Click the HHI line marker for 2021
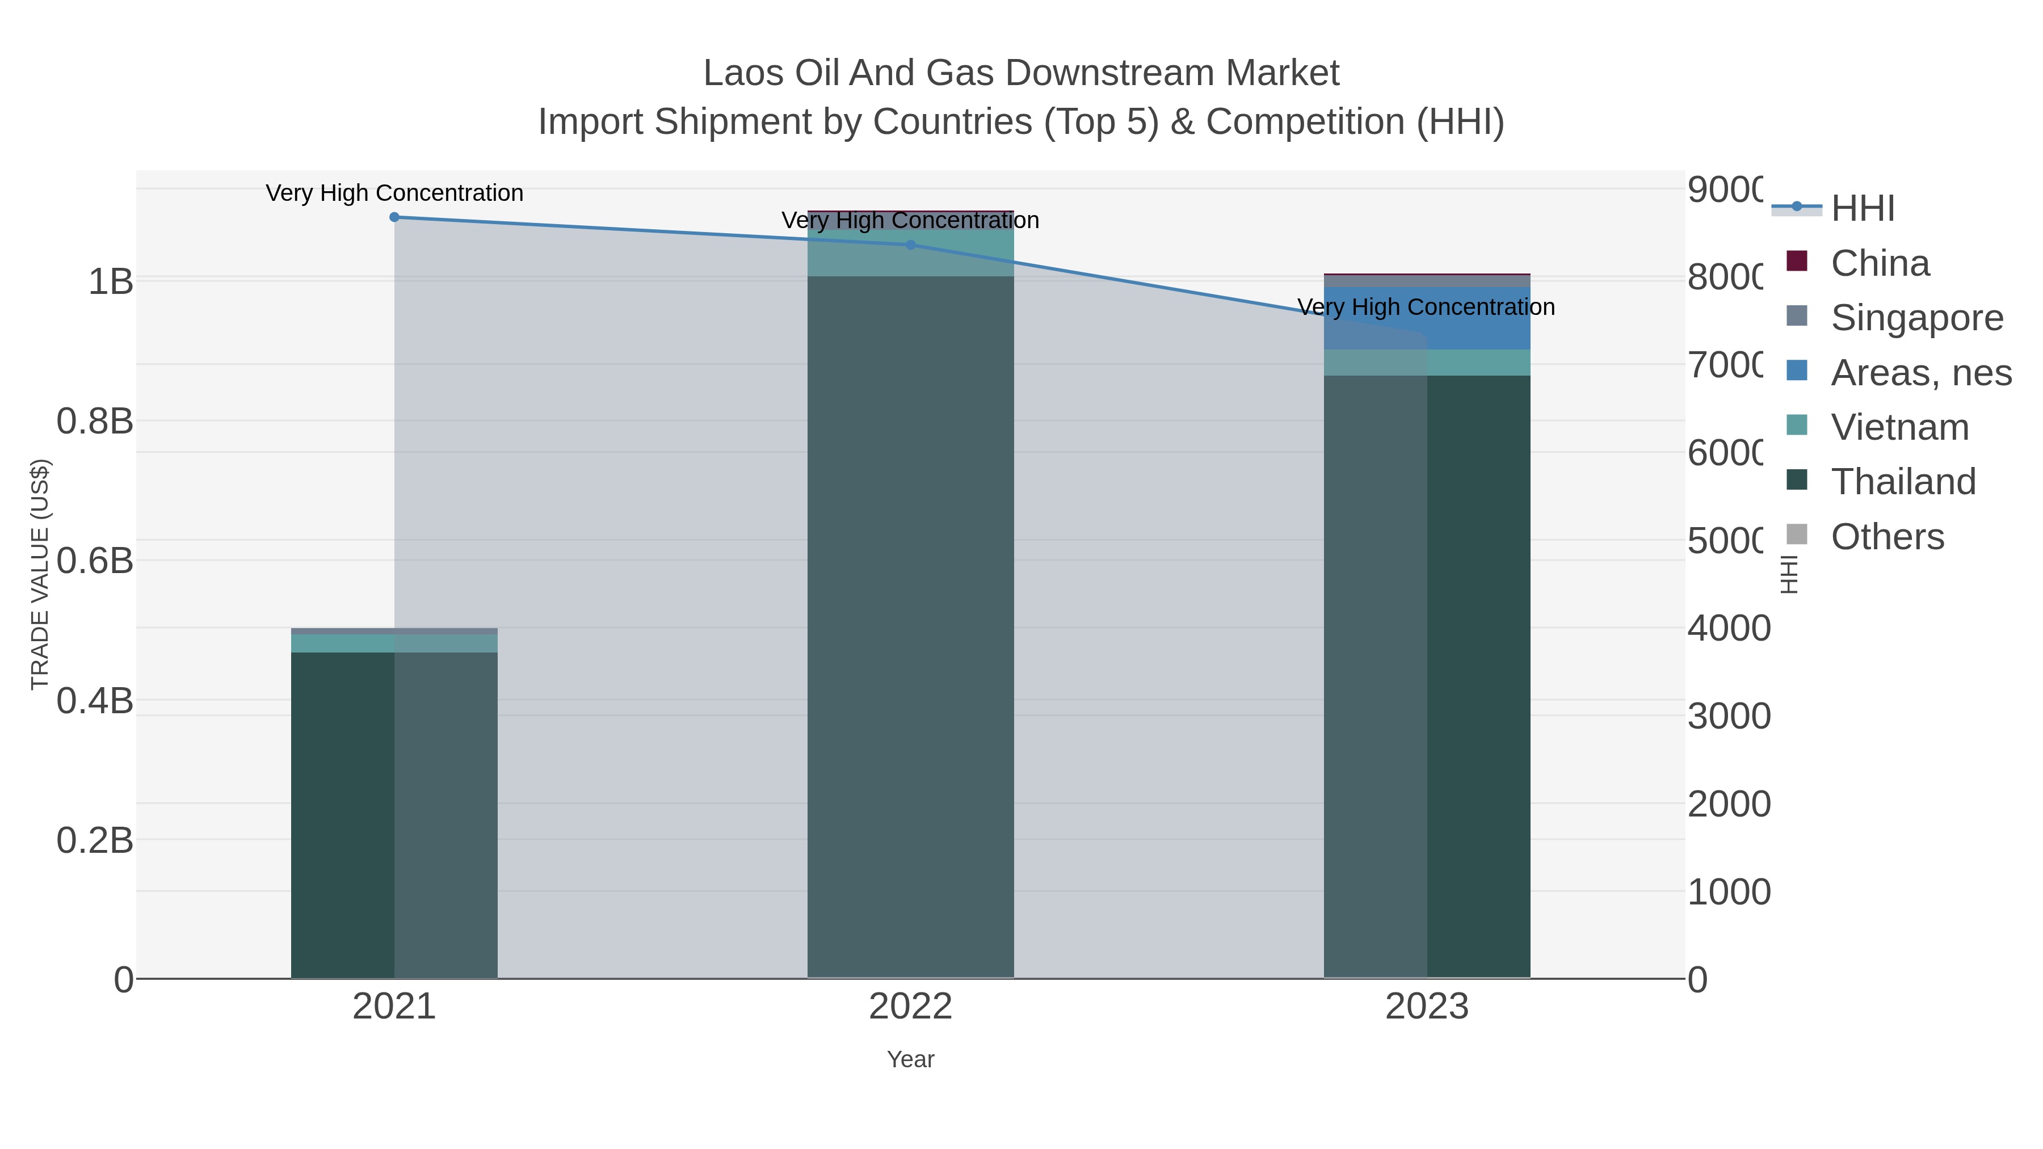394,217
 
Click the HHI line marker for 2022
910,245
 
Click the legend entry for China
1880,263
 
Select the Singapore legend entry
1916,318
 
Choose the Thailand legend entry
1903,481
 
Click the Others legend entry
1887,537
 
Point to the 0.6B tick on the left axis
95,561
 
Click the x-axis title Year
910,1059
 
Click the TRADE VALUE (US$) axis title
40,574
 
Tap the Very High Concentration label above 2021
394,193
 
